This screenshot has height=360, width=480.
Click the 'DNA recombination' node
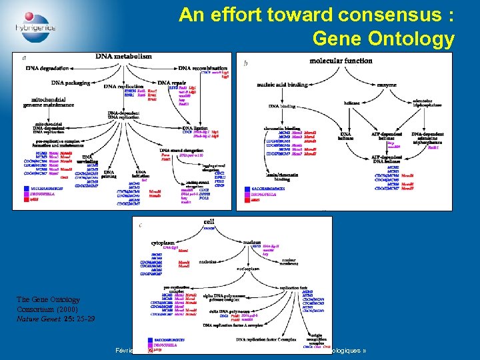tap(203, 69)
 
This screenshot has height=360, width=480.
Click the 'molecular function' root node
tap(341, 61)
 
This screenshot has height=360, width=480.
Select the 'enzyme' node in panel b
tap(386, 85)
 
